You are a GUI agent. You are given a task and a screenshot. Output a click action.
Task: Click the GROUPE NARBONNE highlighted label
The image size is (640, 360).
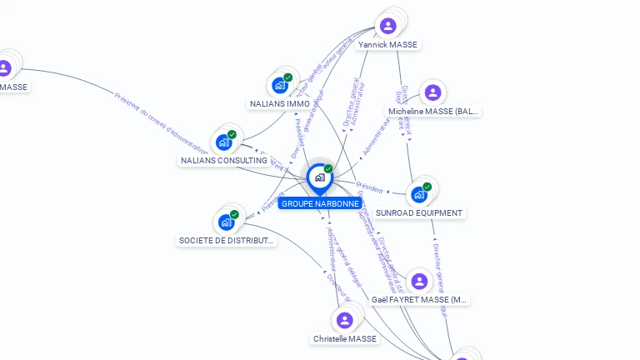[x=320, y=203]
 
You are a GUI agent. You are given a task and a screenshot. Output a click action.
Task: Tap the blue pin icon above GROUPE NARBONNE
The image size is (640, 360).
[x=319, y=177]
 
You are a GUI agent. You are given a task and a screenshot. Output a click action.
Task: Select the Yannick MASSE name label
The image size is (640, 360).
[x=387, y=44]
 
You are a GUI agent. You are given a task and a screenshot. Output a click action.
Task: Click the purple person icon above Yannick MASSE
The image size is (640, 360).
[x=387, y=26]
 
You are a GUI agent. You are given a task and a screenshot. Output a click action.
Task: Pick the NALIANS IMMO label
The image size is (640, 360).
[x=280, y=104]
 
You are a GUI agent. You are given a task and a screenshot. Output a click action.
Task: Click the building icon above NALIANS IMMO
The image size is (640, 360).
[x=280, y=85]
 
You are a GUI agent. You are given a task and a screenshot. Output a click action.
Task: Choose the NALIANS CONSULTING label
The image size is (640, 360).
[x=224, y=160]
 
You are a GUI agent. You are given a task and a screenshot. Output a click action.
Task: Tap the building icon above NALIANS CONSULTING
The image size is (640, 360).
[x=224, y=142]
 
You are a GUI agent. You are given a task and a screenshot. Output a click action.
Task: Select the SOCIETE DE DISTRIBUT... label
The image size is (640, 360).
[x=226, y=240]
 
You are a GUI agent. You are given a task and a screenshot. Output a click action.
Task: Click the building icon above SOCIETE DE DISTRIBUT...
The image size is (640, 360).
[x=226, y=222]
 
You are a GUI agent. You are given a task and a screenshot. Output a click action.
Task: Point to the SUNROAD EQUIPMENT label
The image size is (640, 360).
[x=418, y=212]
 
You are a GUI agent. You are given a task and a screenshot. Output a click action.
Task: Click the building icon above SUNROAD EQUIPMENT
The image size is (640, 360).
[x=418, y=194]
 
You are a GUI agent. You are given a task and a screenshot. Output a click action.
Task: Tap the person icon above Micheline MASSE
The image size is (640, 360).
[x=432, y=92]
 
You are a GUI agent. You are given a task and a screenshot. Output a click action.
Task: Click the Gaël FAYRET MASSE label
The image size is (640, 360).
[x=420, y=299]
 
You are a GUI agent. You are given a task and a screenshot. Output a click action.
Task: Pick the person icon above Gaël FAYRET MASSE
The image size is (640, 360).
[x=419, y=281]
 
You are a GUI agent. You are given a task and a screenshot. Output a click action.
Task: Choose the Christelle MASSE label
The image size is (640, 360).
[x=345, y=339]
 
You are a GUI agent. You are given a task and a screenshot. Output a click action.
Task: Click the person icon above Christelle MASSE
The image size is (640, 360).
[x=345, y=320]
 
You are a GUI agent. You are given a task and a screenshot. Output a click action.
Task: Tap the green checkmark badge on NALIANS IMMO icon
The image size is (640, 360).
[x=287, y=77]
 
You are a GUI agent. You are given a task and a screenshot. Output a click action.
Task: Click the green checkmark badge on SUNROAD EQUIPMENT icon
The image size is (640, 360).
[x=427, y=187]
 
